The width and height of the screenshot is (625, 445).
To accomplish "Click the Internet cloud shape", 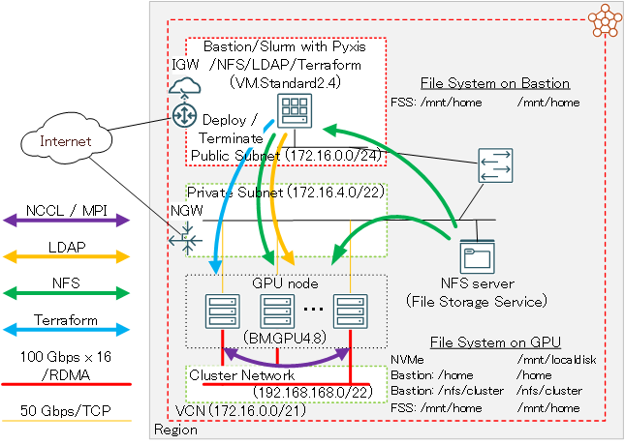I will click(x=65, y=142).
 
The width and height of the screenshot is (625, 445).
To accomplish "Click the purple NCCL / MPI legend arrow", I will click(x=67, y=221).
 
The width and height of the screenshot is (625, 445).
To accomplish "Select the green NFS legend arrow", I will click(x=67, y=292).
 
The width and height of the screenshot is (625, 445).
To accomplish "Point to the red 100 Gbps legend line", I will click(x=67, y=384).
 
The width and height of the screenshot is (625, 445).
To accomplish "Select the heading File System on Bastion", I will click(x=495, y=83).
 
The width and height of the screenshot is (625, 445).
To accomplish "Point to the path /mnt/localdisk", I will click(x=551, y=359).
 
